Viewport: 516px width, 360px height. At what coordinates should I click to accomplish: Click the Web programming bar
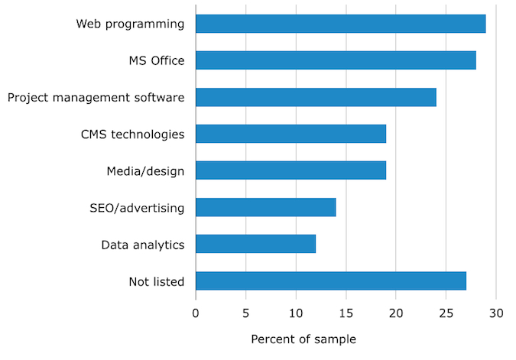click(340, 24)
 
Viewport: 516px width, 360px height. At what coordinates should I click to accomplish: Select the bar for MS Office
click(336, 60)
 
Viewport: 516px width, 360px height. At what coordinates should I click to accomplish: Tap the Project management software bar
click(316, 97)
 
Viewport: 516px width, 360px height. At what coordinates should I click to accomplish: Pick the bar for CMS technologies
click(290, 134)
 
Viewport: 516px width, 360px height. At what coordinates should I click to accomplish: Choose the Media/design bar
click(290, 170)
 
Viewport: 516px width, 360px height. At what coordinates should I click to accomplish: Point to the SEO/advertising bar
click(265, 207)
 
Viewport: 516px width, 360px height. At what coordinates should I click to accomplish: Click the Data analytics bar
click(255, 244)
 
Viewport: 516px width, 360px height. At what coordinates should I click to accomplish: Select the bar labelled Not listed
click(330, 281)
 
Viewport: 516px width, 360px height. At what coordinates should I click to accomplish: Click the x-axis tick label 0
click(196, 313)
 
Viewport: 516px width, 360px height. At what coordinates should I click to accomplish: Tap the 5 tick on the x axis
click(245, 313)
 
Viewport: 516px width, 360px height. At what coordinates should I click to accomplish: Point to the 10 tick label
click(296, 313)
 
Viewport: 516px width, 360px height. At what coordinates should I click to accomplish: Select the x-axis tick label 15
click(346, 313)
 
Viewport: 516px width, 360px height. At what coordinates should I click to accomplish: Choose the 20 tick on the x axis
click(396, 313)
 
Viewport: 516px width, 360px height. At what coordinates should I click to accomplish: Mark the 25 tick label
click(446, 313)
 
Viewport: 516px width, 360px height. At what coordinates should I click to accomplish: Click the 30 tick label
click(496, 313)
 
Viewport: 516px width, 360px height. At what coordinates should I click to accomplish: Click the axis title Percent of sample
click(303, 339)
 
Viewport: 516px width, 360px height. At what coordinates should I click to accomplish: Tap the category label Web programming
click(130, 24)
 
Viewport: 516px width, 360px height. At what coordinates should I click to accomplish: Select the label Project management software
click(96, 97)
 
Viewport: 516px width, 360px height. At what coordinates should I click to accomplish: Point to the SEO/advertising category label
click(137, 207)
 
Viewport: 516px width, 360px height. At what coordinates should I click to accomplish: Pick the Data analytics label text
click(143, 245)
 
